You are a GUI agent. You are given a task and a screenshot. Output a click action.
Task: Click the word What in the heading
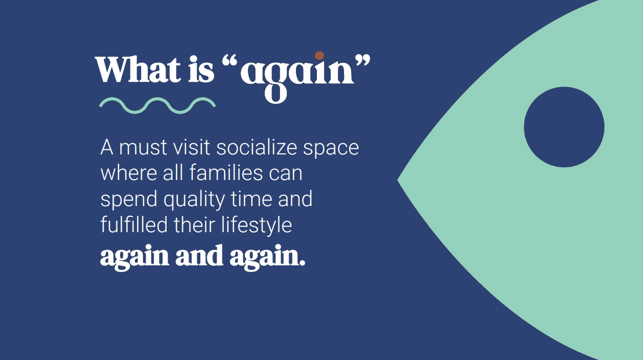(x=138, y=69)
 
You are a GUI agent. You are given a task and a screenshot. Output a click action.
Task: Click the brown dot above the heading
(x=319, y=55)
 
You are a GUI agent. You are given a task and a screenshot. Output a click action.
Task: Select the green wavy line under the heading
(x=157, y=105)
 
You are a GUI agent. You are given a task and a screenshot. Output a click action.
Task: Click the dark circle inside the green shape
(x=564, y=127)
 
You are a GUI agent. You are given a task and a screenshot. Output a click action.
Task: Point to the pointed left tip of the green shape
(x=398, y=180)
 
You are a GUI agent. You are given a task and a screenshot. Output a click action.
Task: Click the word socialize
(x=257, y=148)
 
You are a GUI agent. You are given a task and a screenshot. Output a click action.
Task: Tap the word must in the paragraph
(x=143, y=148)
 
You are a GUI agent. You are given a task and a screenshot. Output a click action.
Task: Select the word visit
(x=192, y=148)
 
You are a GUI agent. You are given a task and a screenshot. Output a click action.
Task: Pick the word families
(x=226, y=173)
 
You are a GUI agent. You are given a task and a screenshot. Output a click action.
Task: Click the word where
(x=129, y=173)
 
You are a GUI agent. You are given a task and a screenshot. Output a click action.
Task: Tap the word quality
(x=194, y=200)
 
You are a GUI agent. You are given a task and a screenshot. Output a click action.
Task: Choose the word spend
(x=129, y=200)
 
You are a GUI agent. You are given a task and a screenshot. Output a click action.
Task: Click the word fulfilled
(x=134, y=224)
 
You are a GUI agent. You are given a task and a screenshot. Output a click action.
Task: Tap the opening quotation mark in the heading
(x=230, y=61)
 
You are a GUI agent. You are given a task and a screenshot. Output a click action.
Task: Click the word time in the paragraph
(x=251, y=198)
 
